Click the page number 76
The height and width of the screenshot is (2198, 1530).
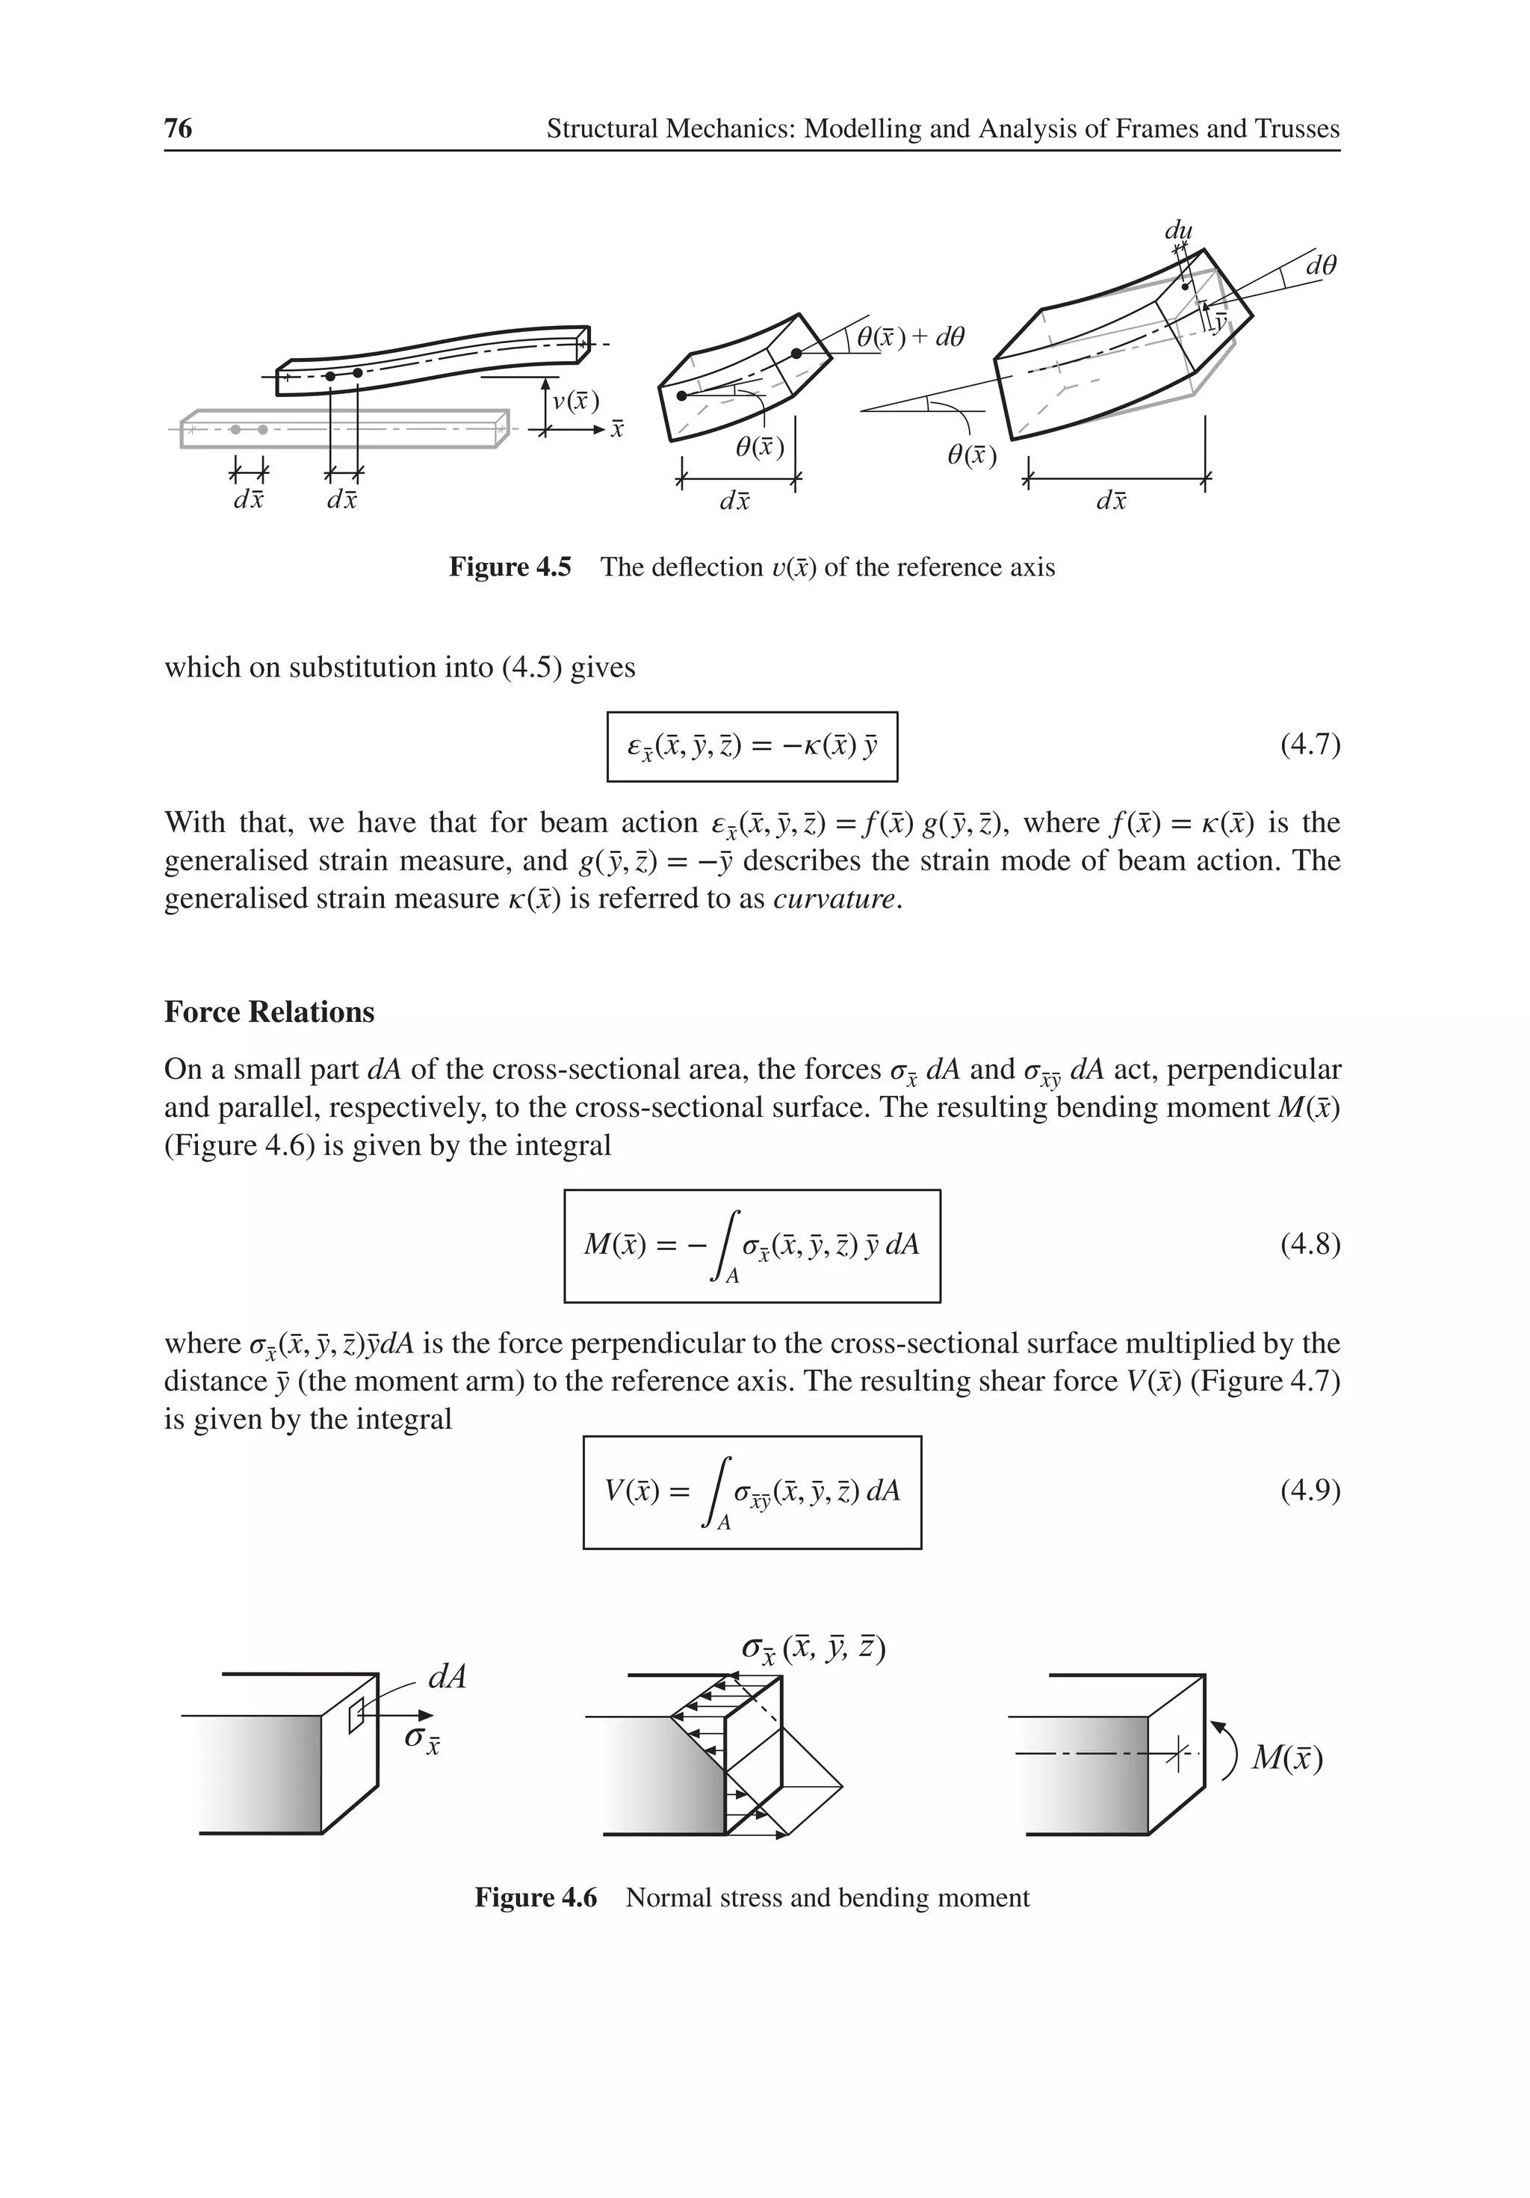(x=178, y=129)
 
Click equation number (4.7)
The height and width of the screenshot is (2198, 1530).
(x=1309, y=745)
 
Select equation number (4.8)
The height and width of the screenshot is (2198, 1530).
(x=1309, y=1245)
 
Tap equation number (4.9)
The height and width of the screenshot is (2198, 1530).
(x=1309, y=1491)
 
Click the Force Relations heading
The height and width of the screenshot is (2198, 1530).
(x=269, y=1012)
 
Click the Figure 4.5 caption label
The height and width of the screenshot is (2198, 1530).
(x=510, y=567)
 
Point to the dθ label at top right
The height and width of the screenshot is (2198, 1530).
(x=1321, y=265)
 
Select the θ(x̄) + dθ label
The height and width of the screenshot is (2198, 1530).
(x=910, y=337)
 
